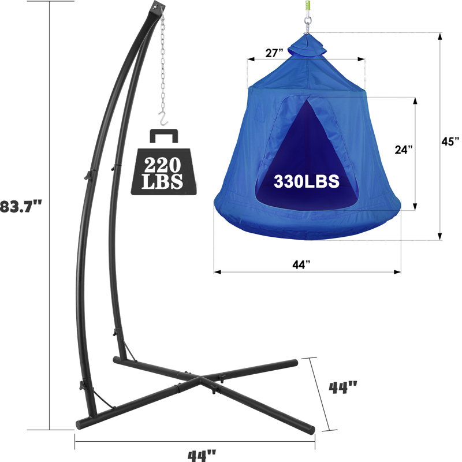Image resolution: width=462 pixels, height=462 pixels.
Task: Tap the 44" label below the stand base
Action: pos(203,454)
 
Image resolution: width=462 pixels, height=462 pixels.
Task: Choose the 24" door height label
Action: pos(404,150)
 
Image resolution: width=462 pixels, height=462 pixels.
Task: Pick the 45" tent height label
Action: pos(450,141)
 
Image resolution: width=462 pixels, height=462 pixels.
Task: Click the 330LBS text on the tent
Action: pos(306,181)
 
